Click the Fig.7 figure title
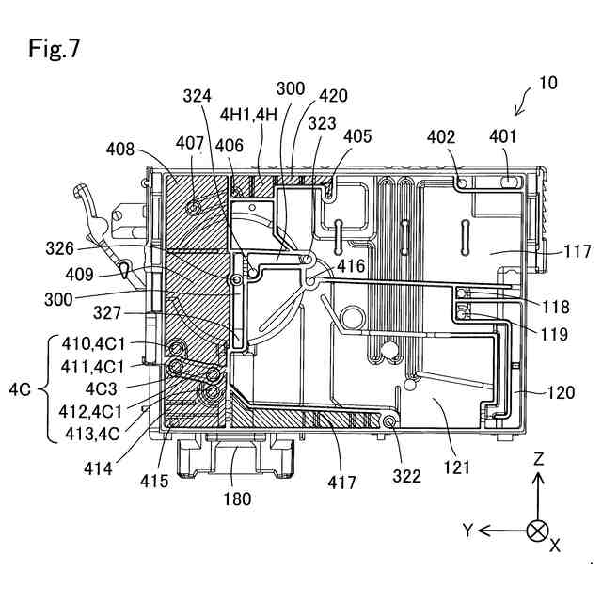(54, 49)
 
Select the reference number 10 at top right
(547, 83)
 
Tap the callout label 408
(120, 149)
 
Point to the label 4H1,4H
(248, 115)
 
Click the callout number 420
(334, 96)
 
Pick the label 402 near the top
(441, 137)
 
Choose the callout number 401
(503, 136)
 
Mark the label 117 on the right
(577, 252)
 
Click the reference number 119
(555, 334)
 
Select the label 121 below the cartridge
(457, 467)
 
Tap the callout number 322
(407, 477)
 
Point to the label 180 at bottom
(238, 499)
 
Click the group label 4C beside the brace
(20, 390)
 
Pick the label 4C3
(101, 389)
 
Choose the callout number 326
(59, 248)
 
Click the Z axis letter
(539, 459)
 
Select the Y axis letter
(468, 531)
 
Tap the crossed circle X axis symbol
(538, 531)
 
